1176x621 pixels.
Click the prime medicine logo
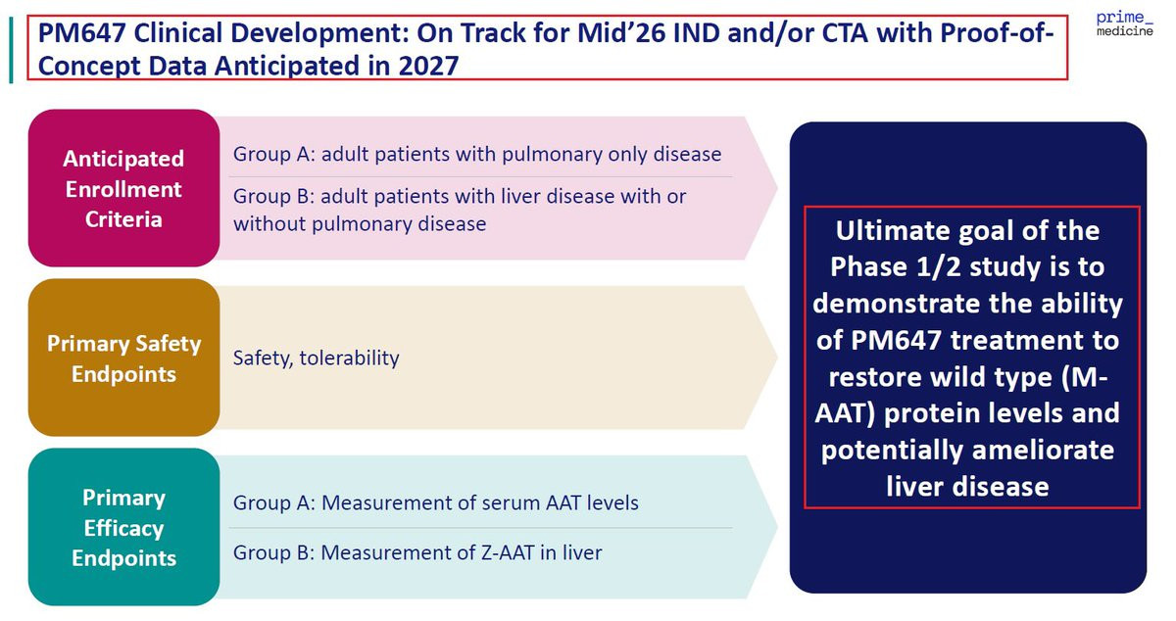(1125, 24)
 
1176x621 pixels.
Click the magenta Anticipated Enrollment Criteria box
(123, 188)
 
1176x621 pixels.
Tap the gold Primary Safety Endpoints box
(123, 358)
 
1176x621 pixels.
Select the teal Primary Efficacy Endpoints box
(123, 527)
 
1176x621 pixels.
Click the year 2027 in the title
(428, 67)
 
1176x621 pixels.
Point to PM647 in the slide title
(81, 33)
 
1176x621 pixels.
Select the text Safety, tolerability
(316, 358)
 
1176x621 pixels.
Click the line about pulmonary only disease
(477, 155)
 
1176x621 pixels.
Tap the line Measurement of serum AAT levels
(436, 502)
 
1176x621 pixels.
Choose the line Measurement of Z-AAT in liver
(417, 552)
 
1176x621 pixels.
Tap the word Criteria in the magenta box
(123, 219)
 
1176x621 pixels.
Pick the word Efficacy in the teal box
(123, 528)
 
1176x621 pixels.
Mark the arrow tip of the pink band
(777, 188)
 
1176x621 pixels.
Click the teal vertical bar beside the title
(11, 50)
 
